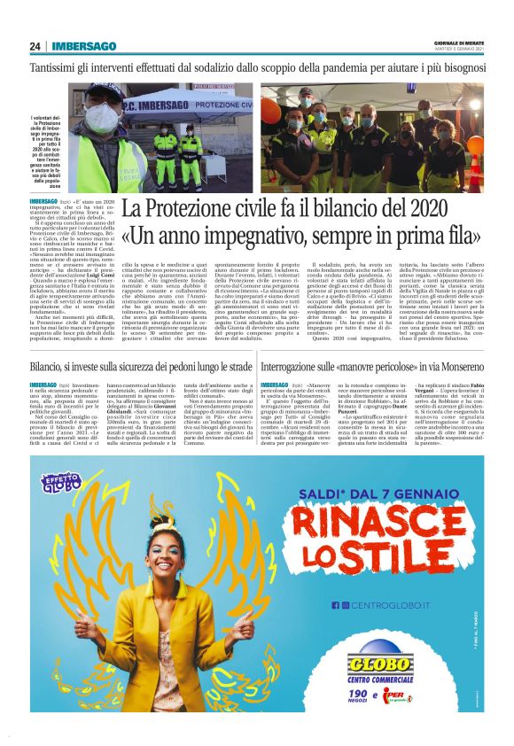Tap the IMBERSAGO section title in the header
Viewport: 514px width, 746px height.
[x=84, y=46]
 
